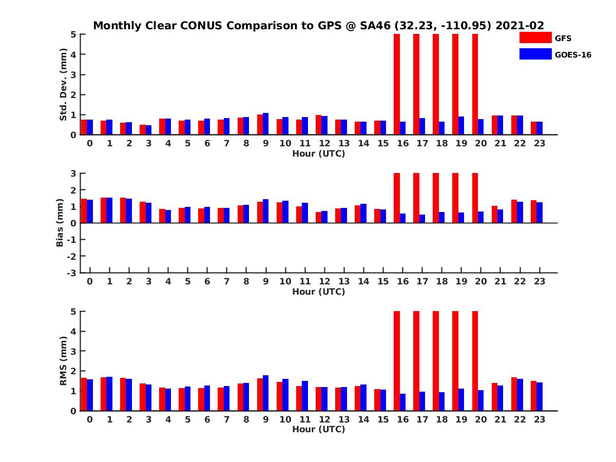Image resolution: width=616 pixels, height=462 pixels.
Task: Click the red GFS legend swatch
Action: (535, 37)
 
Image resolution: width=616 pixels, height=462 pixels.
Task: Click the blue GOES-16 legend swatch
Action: (535, 54)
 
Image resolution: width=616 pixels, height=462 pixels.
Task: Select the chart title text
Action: (318, 26)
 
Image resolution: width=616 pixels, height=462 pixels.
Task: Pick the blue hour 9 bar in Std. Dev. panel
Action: (266, 124)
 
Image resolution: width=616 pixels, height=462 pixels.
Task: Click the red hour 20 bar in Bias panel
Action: (475, 198)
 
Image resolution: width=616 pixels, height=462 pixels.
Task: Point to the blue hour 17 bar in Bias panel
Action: (422, 219)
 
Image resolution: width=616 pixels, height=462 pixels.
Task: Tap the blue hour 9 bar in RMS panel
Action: (266, 393)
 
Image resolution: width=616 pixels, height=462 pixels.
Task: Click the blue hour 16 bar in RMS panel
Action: (402, 402)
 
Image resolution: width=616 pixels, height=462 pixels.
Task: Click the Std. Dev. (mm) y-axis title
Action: (64, 85)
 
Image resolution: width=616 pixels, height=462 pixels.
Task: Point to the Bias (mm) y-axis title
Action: (60, 223)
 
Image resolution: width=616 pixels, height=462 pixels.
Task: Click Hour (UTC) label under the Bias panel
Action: (318, 292)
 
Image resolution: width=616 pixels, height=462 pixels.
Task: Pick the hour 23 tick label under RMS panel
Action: (539, 419)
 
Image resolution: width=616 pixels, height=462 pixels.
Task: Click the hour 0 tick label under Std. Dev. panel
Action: (90, 143)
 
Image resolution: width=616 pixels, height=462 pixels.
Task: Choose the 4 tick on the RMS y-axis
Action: (73, 331)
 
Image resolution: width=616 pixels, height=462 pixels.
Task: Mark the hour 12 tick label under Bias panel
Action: (324, 281)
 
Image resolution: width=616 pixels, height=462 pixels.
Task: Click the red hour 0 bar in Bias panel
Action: (84, 211)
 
